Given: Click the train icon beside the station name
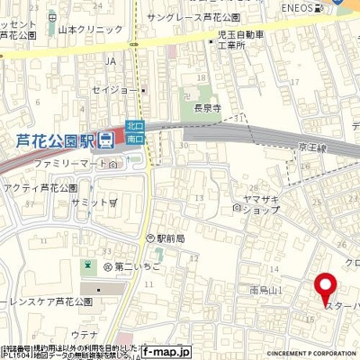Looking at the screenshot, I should point(106,139).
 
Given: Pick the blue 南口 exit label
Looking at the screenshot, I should point(135,140).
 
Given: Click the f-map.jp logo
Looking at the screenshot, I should point(167,352).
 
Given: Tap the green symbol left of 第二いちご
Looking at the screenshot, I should point(87,267).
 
